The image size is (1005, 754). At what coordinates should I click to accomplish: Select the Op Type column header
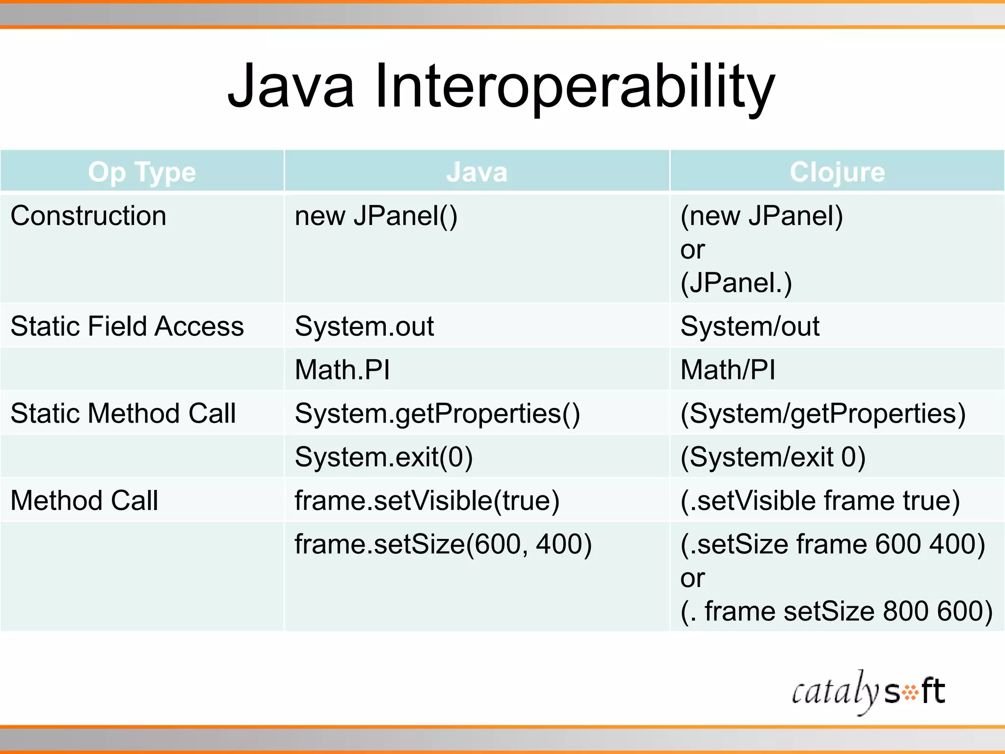point(142,172)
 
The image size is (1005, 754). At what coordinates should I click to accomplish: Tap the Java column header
point(476,172)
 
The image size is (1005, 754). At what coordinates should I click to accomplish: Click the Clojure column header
point(837,172)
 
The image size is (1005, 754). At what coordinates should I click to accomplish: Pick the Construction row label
point(88,216)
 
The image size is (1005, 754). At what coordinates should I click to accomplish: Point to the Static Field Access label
point(127,326)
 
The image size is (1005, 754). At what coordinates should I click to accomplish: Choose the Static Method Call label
point(123,413)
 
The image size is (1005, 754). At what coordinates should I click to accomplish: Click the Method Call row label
point(84,501)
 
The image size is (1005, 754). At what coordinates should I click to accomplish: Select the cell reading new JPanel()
point(376,216)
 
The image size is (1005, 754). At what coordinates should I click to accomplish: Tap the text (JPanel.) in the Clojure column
point(736,283)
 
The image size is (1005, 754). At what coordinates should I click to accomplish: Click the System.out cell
point(364,326)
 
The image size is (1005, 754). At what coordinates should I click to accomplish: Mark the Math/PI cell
point(728,370)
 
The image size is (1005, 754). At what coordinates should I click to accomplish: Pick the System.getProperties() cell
point(437,413)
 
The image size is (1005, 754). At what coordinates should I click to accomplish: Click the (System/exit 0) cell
point(773,457)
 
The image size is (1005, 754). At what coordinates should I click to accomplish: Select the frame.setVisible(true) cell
point(427,501)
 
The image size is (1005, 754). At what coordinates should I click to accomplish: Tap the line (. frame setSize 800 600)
point(837,612)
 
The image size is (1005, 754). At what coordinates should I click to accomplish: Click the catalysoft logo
point(868,692)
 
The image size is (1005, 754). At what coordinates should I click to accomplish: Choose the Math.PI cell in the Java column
point(342,370)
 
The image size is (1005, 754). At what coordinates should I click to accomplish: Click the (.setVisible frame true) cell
point(820,501)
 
